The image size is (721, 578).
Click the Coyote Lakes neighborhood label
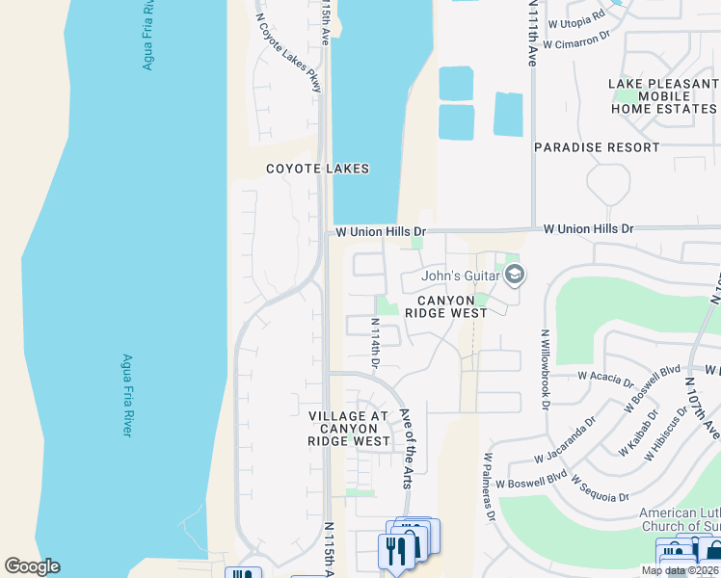pos(318,169)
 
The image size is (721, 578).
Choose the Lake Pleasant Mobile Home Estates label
pos(663,96)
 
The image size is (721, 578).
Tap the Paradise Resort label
pos(597,147)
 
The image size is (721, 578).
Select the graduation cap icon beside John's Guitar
pos(515,276)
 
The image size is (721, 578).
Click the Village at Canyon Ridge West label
pos(349,428)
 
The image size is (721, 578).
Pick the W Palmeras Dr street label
pos(490,486)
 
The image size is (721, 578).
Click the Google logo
pos(32,566)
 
